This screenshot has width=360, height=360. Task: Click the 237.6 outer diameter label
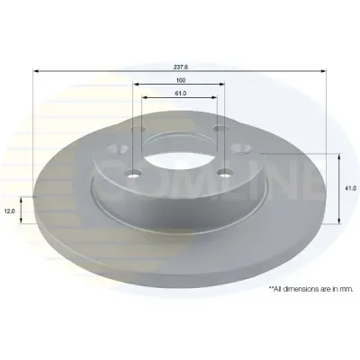pos(181,67)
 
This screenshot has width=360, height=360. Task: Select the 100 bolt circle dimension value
pos(181,80)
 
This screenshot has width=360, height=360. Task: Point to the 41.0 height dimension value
pos(352,188)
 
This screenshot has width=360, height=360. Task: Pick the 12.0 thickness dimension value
pos(9,211)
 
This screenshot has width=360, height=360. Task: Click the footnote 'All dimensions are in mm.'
pos(311,289)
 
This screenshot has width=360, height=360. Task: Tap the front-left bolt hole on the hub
pos(133,173)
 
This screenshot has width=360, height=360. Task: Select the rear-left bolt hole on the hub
pos(138,129)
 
